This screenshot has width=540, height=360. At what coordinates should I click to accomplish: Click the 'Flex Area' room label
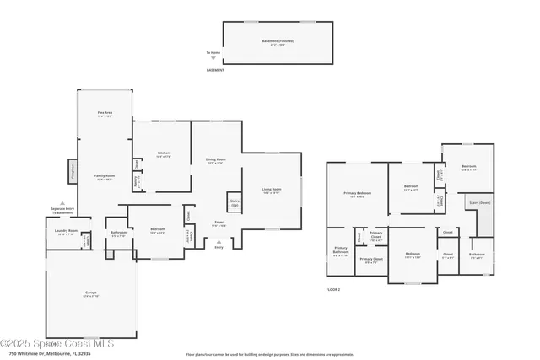point(105,113)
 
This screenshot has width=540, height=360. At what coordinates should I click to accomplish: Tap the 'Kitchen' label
point(164,153)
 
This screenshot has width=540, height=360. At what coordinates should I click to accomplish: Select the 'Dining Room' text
point(215,159)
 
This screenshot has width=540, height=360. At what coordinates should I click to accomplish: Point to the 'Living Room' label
point(272,190)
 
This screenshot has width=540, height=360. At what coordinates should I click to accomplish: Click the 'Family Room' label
point(105,175)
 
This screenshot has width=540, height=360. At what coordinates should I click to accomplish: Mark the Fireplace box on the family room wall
point(73,173)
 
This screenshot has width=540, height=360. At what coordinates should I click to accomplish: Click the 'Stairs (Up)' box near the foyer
point(235,202)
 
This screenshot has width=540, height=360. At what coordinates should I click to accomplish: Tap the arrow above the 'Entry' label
point(219,241)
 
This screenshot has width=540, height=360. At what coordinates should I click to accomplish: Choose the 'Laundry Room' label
point(67,231)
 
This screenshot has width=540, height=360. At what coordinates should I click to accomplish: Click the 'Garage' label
point(90,293)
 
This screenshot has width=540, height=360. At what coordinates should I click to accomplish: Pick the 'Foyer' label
point(218,223)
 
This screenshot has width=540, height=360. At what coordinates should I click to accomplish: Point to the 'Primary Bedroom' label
point(357,193)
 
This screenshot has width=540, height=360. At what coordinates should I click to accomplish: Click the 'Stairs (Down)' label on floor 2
point(478,202)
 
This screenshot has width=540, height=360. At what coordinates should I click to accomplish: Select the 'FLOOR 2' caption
point(332,289)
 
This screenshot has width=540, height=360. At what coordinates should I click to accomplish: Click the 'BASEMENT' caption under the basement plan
point(215,70)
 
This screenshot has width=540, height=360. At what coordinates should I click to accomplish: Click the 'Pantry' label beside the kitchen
point(136,180)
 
